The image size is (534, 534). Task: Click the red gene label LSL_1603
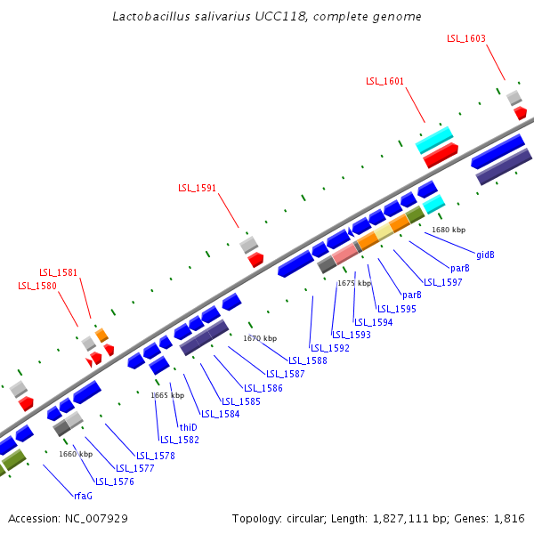[466, 38]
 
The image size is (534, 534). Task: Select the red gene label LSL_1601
[384, 81]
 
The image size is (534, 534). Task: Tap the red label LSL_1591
[197, 188]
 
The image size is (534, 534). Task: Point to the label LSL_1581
[58, 272]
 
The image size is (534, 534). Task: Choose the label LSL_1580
[37, 286]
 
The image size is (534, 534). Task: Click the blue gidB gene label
[485, 255]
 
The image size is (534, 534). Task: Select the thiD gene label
[188, 427]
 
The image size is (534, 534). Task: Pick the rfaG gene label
[83, 495]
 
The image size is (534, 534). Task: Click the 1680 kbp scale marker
[449, 230]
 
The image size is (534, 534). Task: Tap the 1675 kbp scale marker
[353, 283]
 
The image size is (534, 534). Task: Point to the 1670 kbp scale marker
[260, 338]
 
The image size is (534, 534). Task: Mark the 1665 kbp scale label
[167, 395]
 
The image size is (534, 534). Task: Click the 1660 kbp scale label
[76, 454]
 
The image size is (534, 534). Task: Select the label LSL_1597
[442, 282]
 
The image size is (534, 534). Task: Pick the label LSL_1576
[115, 481]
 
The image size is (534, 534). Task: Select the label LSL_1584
[220, 414]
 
